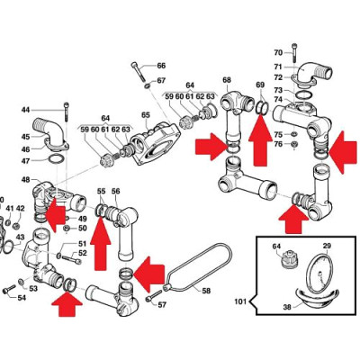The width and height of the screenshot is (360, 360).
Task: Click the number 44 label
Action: pos(26,110)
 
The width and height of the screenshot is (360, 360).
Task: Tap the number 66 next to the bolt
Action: pos(161,67)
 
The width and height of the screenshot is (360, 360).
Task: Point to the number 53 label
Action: pos(32,288)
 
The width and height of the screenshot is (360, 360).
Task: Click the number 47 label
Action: pos(26,160)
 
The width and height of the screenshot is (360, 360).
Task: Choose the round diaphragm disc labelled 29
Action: pos(319,279)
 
